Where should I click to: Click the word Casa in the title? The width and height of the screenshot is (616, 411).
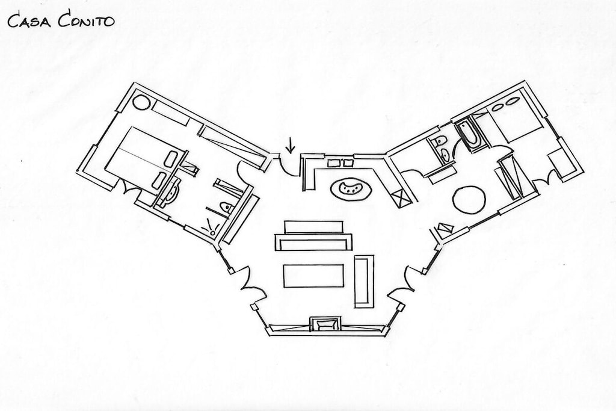pyautogui.click(x=29, y=21)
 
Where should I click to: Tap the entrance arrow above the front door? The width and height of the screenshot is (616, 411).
pyautogui.click(x=291, y=145)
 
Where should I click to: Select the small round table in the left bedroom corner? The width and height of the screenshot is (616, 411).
pyautogui.click(x=141, y=102)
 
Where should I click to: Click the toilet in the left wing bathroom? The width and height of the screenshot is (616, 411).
pyautogui.click(x=226, y=207)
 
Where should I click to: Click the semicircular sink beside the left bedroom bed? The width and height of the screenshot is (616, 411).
pyautogui.click(x=172, y=191)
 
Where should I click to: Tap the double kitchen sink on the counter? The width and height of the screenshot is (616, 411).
pyautogui.click(x=340, y=162)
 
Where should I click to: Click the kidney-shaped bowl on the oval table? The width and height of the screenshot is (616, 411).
pyautogui.click(x=351, y=188)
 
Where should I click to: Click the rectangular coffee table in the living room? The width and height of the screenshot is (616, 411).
pyautogui.click(x=313, y=276)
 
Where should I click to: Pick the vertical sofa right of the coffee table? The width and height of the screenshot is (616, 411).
pyautogui.click(x=364, y=282)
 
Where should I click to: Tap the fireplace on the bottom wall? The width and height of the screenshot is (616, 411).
pyautogui.click(x=324, y=324)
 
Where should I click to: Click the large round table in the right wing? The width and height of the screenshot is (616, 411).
pyautogui.click(x=469, y=200)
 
